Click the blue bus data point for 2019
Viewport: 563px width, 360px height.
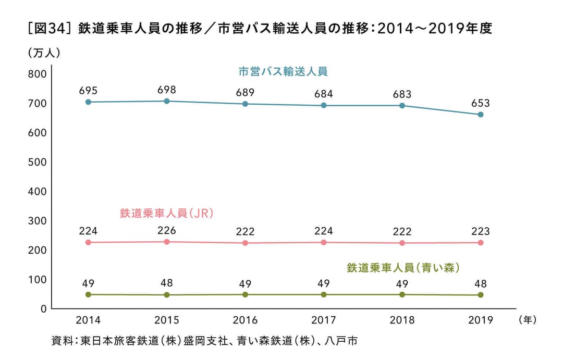481,115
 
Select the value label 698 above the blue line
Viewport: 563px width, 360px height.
167,90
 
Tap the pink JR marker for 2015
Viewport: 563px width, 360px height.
167,242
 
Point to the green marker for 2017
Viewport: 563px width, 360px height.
324,294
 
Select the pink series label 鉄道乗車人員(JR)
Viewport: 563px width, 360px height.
167,213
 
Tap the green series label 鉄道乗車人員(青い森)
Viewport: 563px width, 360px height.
402,268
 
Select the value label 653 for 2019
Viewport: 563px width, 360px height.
481,103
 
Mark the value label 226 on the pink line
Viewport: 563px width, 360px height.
167,231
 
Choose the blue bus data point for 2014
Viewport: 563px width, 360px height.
88,102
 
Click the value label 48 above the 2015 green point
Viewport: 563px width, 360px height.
167,283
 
